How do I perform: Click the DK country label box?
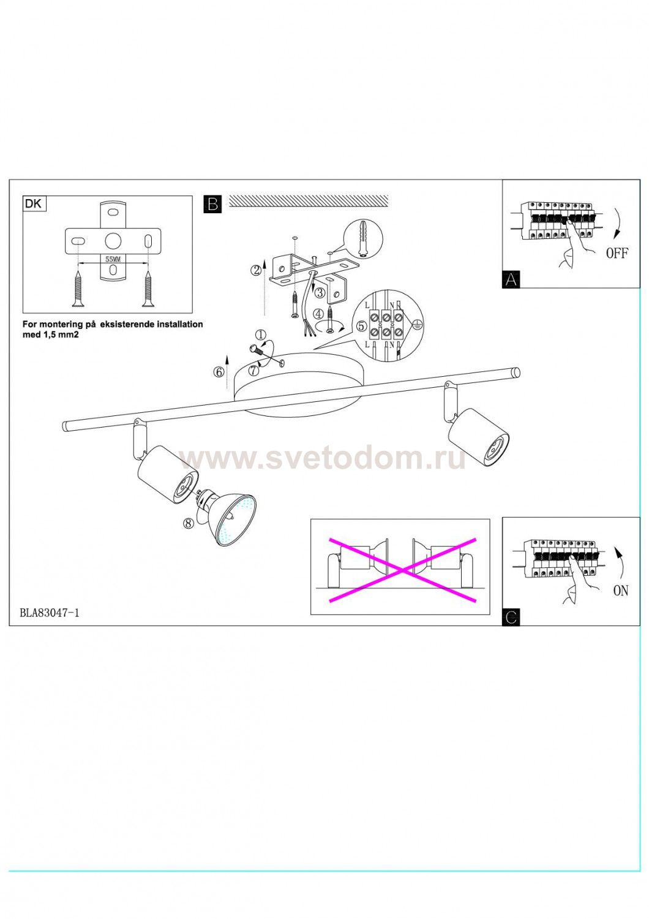[34, 204]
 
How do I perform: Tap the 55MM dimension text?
[113, 259]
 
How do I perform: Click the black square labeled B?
[212, 204]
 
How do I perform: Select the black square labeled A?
[511, 279]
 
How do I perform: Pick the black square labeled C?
[511, 618]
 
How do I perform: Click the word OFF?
[617, 253]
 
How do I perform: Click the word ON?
[621, 591]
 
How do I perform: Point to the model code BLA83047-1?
[50, 613]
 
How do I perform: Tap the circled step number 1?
[261, 335]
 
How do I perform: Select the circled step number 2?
[257, 270]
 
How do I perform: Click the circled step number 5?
[361, 326]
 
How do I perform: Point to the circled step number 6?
[219, 372]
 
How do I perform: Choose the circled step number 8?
[189, 523]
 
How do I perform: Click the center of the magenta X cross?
[403, 570]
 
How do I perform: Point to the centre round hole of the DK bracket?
[113, 241]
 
